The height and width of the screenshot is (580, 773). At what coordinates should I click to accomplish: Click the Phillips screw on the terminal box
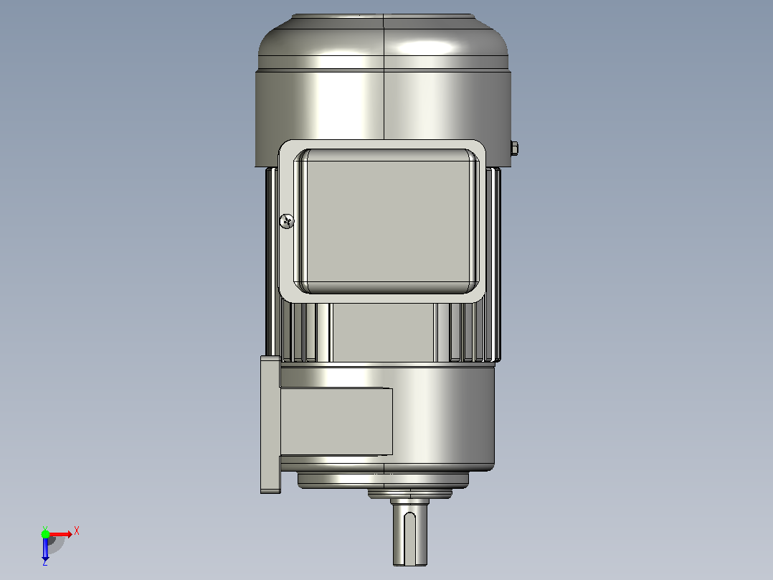tap(287, 221)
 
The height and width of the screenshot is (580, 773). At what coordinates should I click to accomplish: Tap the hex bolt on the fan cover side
tap(513, 148)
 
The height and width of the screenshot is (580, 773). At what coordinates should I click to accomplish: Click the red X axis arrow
tap(60, 534)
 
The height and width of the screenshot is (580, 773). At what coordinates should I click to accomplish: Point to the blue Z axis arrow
tap(45, 548)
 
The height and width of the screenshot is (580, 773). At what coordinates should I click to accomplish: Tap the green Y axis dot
tap(45, 533)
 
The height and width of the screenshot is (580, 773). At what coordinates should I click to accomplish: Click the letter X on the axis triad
tap(77, 531)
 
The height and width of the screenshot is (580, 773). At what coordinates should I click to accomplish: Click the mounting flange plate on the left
tap(270, 424)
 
